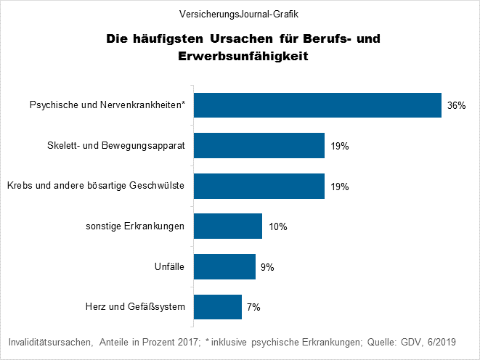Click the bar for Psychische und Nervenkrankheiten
coord(317,105)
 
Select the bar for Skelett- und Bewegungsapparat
coord(259,146)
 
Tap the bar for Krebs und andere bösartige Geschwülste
coord(259,186)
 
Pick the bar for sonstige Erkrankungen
coord(227,226)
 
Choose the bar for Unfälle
coord(224,266)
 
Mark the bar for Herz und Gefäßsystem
coord(218,307)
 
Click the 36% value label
coord(456,106)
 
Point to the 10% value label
coord(278,227)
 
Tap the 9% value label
coord(267,267)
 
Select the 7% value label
coord(253,308)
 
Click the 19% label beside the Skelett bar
coord(340,147)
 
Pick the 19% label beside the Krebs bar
coord(340,187)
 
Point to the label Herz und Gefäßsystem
coord(136,307)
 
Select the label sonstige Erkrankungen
coord(135,226)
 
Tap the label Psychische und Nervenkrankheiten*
coord(107,105)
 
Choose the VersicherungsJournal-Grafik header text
coord(240,14)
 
